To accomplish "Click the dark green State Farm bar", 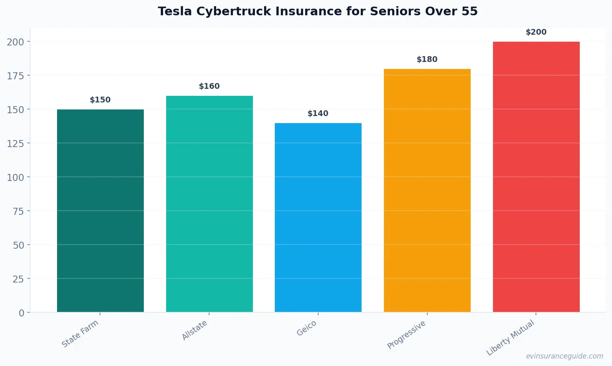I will coord(100,211).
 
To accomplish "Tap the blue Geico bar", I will coord(318,217).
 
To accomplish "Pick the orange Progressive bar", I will coord(427,190).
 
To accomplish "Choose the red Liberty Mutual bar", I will coord(536,177).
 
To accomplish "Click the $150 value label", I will coord(100,100).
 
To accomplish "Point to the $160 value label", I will coord(209,86).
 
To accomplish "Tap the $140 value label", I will coord(318,114).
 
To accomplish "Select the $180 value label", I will coord(427,59).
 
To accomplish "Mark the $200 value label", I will coord(536,32).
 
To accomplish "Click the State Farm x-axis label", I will coord(80,333).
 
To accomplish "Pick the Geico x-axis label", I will coord(307,328).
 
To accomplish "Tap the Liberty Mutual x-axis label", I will coord(510,337).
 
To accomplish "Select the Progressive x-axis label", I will coord(406,335).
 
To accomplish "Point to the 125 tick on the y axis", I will coord(15,143).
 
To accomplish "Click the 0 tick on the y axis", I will coord(21,313).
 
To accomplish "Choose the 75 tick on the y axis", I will coord(18,211).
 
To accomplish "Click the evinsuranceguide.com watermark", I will coord(564,356).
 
